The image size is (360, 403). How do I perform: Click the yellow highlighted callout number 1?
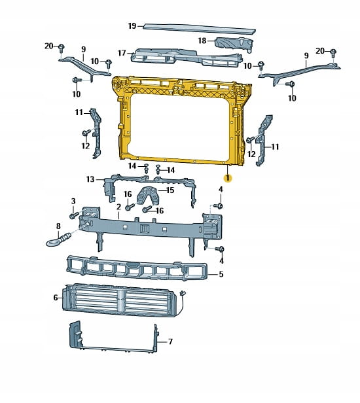(x=228, y=178)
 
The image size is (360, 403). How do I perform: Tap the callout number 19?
(x=132, y=26)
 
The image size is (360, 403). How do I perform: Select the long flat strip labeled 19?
(x=200, y=29)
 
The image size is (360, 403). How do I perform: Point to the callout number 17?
(x=122, y=53)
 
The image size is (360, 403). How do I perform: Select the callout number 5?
(x=221, y=274)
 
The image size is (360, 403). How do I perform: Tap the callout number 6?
(x=56, y=298)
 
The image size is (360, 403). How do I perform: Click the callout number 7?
(x=170, y=342)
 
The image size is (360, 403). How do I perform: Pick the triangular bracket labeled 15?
(x=148, y=196)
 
